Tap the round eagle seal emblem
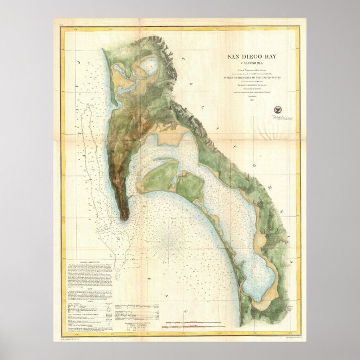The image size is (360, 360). tap(277, 110)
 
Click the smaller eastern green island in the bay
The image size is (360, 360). tap(191, 187)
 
